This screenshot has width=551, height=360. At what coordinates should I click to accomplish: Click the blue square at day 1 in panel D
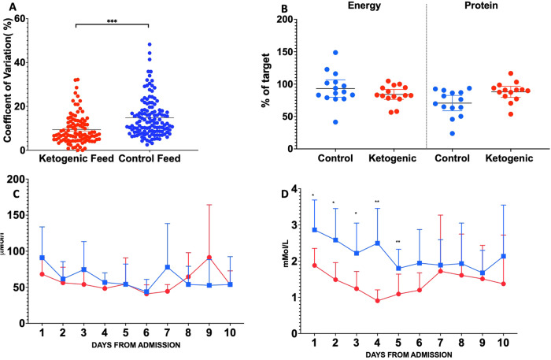pyautogui.click(x=314, y=230)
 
